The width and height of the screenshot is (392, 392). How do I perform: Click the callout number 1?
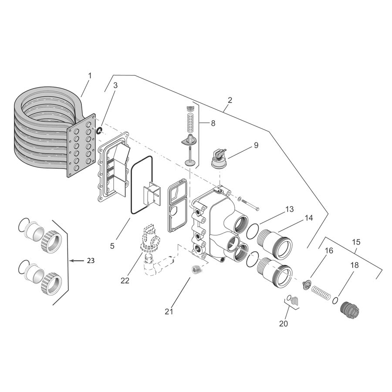click(x=90, y=75)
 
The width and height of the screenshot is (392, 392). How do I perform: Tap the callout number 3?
click(x=115, y=85)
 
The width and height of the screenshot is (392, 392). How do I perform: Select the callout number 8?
click(x=213, y=123)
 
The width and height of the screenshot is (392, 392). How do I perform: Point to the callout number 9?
click(x=256, y=145)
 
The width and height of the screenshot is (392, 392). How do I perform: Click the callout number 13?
click(x=290, y=210)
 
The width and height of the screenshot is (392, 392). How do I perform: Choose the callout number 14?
click(x=308, y=218)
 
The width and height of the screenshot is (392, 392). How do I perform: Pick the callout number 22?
click(x=125, y=280)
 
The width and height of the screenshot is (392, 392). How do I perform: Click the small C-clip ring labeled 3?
click(x=99, y=130)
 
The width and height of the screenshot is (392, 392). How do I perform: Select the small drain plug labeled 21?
click(x=196, y=270)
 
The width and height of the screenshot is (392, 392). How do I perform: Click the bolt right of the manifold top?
click(x=250, y=205)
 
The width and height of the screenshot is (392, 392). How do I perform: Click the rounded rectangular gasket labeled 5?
click(x=141, y=185)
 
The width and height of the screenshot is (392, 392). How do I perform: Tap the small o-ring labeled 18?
click(x=335, y=301)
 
